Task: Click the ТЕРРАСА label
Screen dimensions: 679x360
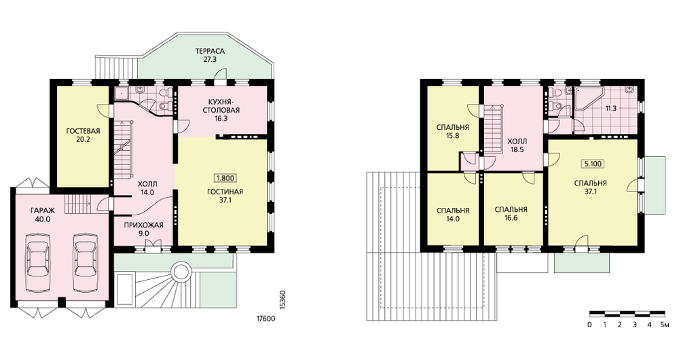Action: [210, 52]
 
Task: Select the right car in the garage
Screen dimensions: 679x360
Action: [84, 264]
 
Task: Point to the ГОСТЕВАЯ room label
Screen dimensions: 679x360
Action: [83, 131]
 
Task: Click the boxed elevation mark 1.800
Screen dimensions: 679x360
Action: [224, 177]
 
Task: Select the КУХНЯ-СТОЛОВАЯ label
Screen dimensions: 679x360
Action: [221, 106]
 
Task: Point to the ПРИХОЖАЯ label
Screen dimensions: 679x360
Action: [143, 225]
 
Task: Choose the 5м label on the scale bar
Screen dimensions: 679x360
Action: [664, 325]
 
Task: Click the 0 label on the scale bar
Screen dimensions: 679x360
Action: [590, 325]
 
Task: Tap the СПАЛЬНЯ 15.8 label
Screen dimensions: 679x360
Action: [453, 131]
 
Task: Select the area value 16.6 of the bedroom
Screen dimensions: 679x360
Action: [511, 218]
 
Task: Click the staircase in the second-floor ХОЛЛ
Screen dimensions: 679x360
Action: [492, 129]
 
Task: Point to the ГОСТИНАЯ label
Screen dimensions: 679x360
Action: [224, 192]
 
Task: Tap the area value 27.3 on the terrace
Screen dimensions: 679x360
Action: [210, 60]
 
